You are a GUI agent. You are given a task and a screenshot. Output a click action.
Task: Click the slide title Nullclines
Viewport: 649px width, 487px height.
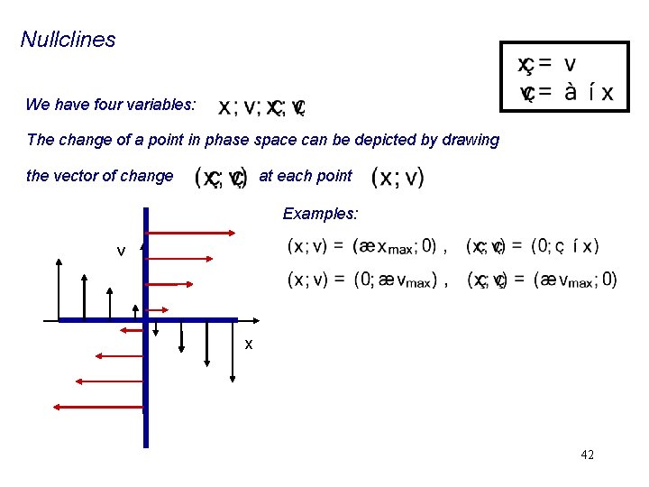coord(69,40)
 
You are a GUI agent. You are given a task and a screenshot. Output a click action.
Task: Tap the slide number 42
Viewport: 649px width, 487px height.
coord(587,455)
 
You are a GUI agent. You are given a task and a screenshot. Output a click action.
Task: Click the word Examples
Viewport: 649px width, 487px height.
coord(320,214)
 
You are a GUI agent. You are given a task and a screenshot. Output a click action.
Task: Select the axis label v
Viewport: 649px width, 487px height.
coord(121,251)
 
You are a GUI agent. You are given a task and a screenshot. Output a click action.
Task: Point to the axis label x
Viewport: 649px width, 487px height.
coord(249,345)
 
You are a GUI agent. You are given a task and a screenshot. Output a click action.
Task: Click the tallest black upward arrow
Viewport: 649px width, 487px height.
coord(59,289)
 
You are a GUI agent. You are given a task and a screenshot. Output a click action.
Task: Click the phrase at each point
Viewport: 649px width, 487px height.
coord(306,176)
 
